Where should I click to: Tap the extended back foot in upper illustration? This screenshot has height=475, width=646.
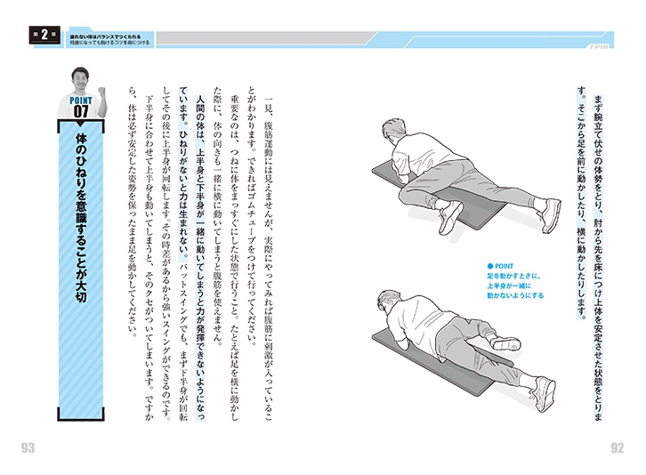pyautogui.click(x=548, y=214)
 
